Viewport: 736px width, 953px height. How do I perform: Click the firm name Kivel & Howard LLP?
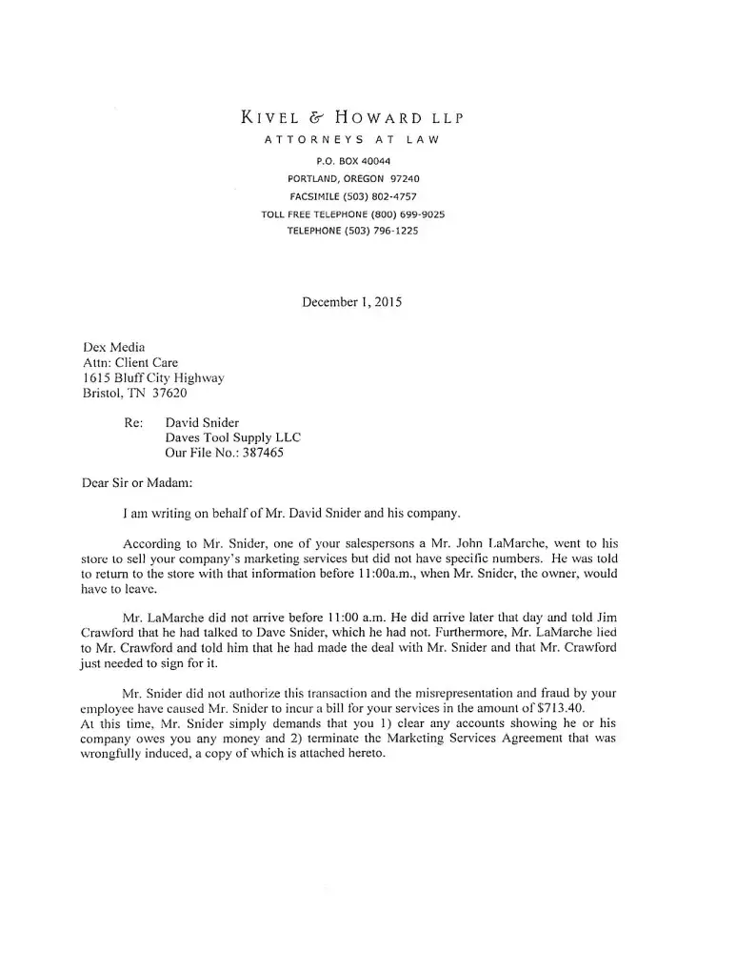352,118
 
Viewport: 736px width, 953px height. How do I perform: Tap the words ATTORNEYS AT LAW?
351,141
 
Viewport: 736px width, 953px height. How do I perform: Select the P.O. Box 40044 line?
352,161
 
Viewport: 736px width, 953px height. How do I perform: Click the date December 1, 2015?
351,302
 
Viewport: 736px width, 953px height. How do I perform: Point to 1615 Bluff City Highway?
154,377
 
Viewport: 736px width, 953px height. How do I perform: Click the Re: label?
134,422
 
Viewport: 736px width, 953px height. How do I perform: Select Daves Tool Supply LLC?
233,437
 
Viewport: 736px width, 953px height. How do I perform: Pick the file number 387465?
262,453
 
